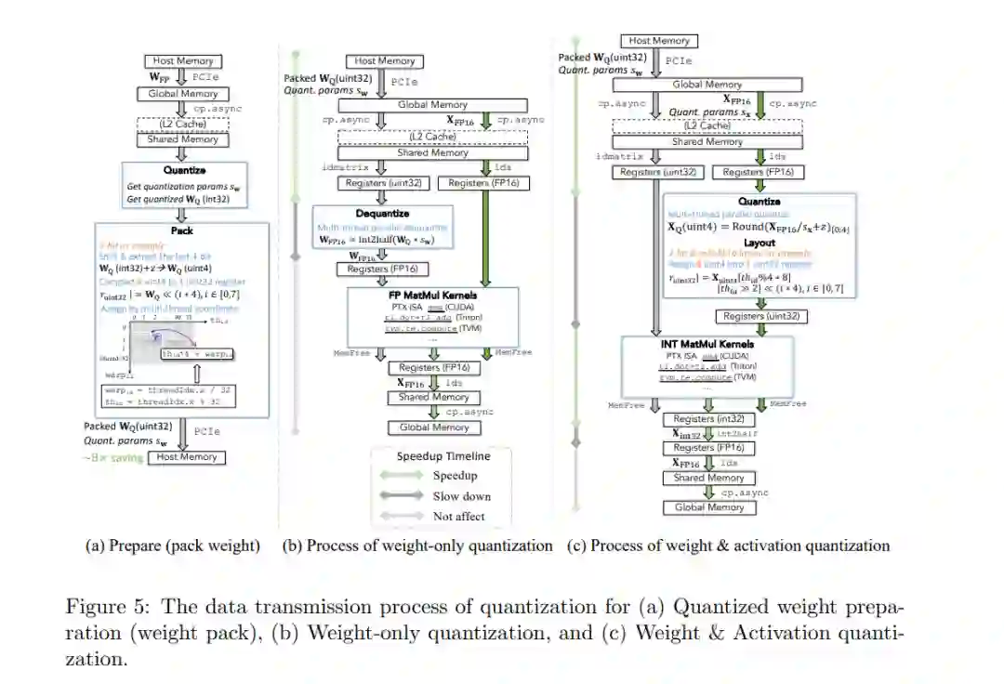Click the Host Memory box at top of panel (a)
click(181, 61)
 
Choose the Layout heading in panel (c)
click(760, 243)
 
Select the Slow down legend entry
click(461, 495)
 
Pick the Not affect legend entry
click(458, 516)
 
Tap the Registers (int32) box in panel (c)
click(708, 419)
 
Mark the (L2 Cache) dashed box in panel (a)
click(181, 125)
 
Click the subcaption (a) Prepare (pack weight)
click(173, 546)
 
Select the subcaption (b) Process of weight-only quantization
click(417, 546)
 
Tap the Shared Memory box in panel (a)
click(181, 139)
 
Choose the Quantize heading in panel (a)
click(181, 170)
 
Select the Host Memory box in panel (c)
click(659, 41)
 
